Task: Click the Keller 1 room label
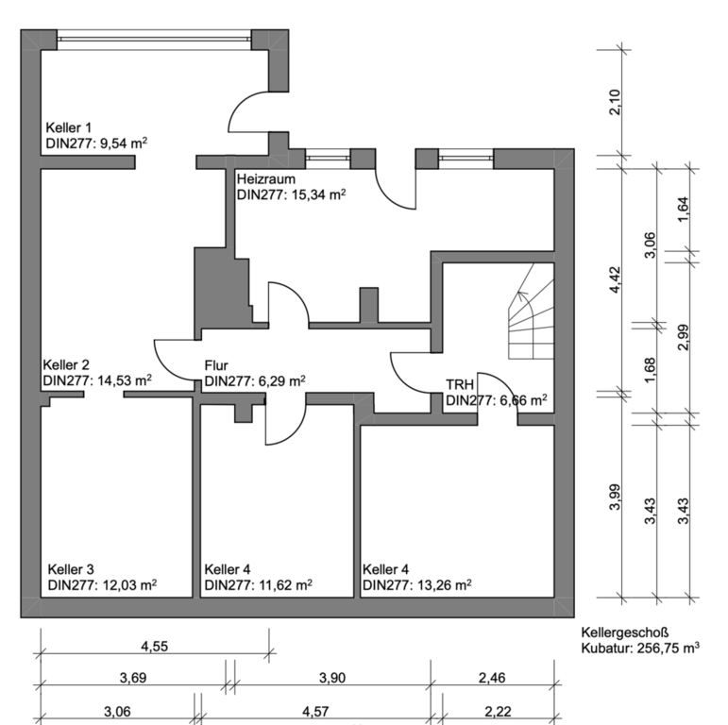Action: pyautogui.click(x=69, y=127)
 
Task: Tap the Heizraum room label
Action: pyautogui.click(x=266, y=178)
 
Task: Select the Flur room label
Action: pyautogui.click(x=216, y=365)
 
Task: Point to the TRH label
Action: pyautogui.click(x=460, y=385)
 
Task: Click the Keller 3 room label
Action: pyautogui.click(x=71, y=569)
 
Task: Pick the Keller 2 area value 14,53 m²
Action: pyautogui.click(x=126, y=380)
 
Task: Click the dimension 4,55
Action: pyautogui.click(x=155, y=646)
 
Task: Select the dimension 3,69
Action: pyautogui.click(x=133, y=678)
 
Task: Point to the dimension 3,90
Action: pyautogui.click(x=332, y=678)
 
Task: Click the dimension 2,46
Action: pyautogui.click(x=492, y=678)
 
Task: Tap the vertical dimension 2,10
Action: pyautogui.click(x=615, y=102)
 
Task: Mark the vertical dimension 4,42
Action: pyautogui.click(x=615, y=279)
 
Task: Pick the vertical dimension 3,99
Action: pyautogui.click(x=615, y=497)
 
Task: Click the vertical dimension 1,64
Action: pyautogui.click(x=683, y=210)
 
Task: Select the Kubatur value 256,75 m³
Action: pyautogui.click(x=669, y=647)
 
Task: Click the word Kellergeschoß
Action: pyautogui.click(x=625, y=632)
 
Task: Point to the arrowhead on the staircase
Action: pyautogui.click(x=522, y=295)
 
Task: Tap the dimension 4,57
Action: pyautogui.click(x=315, y=711)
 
